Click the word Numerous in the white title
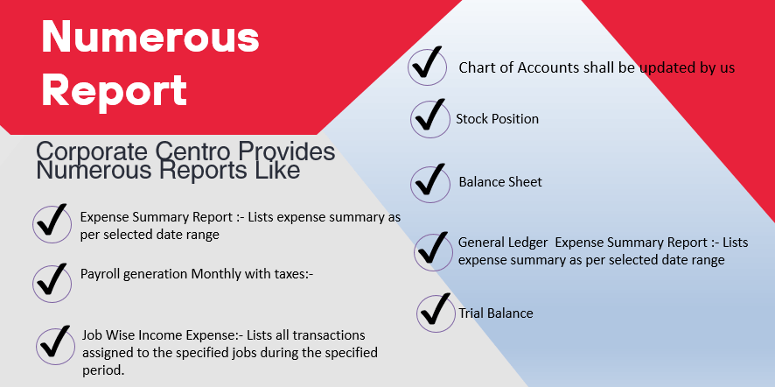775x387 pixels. click(150, 39)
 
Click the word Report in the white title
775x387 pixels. click(115, 91)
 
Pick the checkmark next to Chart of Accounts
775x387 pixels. click(427, 63)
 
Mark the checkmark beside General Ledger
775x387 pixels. click(432, 248)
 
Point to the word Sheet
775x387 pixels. click(526, 181)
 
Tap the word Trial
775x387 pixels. click(471, 313)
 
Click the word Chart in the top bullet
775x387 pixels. click(476, 67)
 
